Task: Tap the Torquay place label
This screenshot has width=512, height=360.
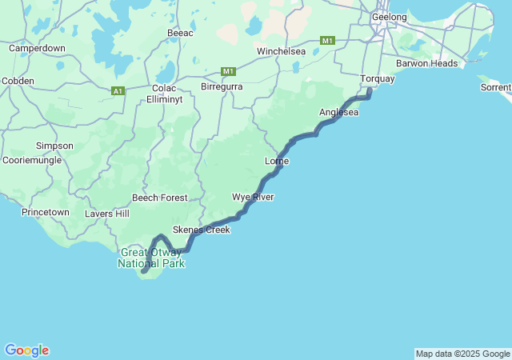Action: point(377,79)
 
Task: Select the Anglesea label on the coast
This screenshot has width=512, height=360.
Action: point(338,113)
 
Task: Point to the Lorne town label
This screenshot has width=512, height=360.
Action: point(276,162)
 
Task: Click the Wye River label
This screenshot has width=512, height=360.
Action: point(253,197)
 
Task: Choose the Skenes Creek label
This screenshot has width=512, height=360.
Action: point(201,230)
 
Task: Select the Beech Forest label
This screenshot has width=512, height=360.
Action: point(160,198)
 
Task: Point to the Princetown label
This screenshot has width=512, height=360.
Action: point(46,212)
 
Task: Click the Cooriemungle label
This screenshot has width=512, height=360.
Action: point(32,160)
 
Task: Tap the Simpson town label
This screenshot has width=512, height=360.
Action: point(54,146)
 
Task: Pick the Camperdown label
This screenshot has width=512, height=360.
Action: point(37,48)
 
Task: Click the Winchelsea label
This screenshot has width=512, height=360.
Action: point(281,51)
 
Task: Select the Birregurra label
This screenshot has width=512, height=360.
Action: point(221,86)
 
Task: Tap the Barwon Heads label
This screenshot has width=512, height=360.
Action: point(427,63)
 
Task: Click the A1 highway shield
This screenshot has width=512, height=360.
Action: point(118,91)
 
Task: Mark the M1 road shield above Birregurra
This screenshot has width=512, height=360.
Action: point(229,71)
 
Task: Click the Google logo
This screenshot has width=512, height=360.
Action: point(26,350)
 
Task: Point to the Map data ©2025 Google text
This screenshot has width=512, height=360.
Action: point(462,354)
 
